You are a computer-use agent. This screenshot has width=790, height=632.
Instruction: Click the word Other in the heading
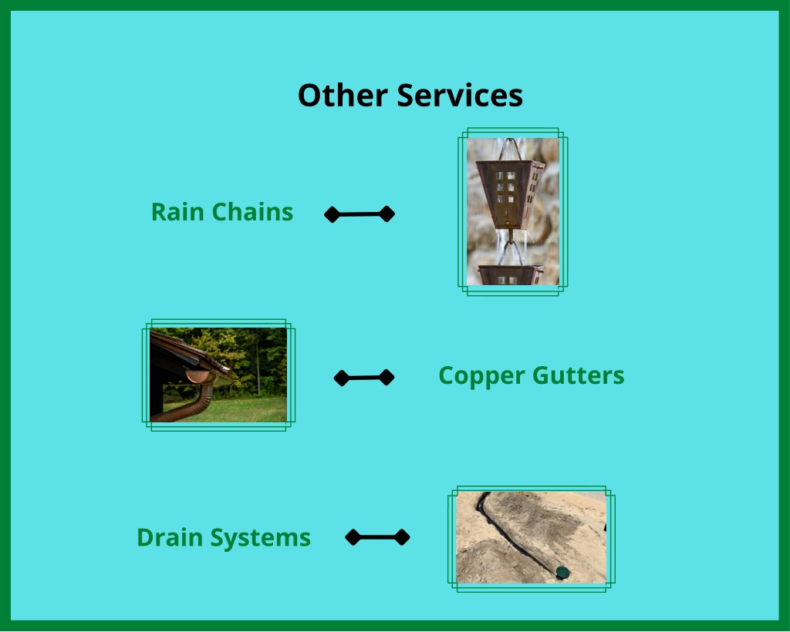[x=343, y=95]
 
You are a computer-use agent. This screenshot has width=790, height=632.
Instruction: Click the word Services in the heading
[x=460, y=95]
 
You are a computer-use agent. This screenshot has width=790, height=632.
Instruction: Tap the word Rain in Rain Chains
[x=177, y=212]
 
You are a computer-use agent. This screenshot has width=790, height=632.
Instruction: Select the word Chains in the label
[x=252, y=212]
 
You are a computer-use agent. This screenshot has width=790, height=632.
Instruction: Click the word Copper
[x=481, y=376]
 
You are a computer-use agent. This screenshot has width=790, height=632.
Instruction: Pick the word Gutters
[x=579, y=375]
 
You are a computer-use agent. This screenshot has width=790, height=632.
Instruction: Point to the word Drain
[x=170, y=537]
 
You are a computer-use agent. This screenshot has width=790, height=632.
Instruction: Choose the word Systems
[x=260, y=538]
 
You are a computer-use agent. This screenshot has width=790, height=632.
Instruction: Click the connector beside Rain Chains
[x=360, y=214]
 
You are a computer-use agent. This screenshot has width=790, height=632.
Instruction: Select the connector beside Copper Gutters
[x=364, y=378]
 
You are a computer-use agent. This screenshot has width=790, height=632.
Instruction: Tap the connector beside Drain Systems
[x=377, y=537]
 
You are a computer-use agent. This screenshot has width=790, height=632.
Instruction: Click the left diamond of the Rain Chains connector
[x=332, y=215]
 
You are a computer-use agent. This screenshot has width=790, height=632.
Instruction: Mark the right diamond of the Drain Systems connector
[x=402, y=537]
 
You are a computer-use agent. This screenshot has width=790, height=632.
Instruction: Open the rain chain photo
[x=513, y=212]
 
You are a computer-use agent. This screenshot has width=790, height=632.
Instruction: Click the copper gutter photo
[x=218, y=375]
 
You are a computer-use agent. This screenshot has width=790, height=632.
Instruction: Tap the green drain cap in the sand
[x=562, y=572]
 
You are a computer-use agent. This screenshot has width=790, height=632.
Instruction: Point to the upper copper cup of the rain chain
[x=510, y=193]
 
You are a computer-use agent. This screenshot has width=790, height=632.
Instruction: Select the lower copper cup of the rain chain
[x=511, y=274]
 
